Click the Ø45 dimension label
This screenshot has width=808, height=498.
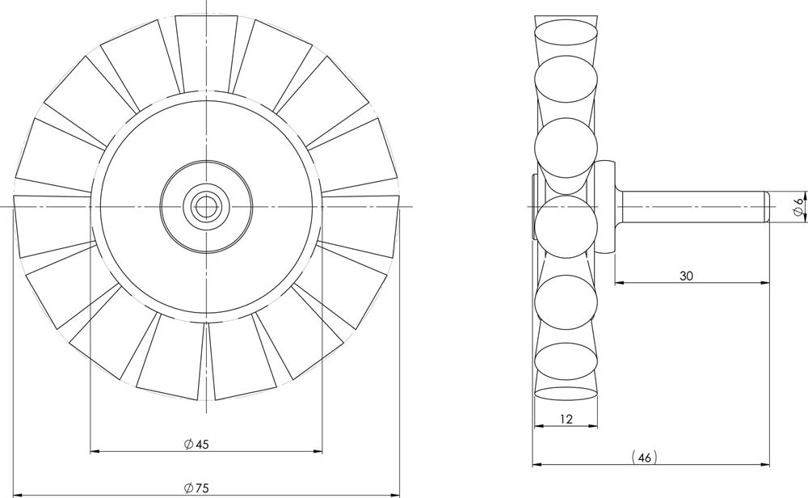click(x=196, y=445)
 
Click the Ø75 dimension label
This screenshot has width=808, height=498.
click(x=196, y=487)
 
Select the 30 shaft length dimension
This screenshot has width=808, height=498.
click(x=686, y=276)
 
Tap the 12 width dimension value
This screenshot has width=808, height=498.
click(x=566, y=419)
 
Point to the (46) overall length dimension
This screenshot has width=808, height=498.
click(x=644, y=458)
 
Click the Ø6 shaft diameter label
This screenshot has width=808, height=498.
click(x=798, y=207)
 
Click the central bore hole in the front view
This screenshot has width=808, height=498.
click(x=206, y=207)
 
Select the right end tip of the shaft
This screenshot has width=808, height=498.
click(x=769, y=207)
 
